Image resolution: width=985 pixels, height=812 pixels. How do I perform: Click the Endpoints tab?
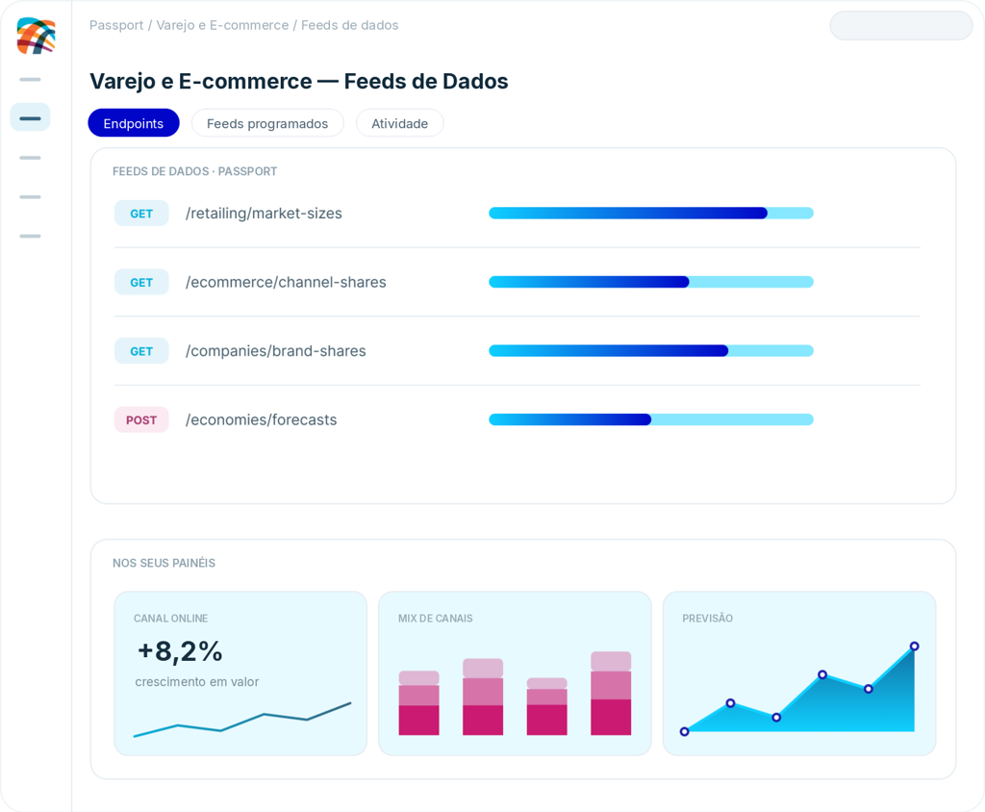point(133,123)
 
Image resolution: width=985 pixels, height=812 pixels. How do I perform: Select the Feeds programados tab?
point(267,123)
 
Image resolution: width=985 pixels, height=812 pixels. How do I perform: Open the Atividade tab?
point(399,123)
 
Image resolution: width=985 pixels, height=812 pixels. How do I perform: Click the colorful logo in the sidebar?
point(36,36)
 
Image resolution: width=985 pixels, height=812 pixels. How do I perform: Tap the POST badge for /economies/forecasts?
point(141,419)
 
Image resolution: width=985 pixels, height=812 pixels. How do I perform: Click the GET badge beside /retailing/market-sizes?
point(141,214)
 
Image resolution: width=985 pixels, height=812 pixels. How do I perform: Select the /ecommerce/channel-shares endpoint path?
point(286,282)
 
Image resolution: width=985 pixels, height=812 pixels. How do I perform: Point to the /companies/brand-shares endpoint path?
point(276,351)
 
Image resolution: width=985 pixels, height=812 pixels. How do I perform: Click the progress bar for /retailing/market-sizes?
point(651,213)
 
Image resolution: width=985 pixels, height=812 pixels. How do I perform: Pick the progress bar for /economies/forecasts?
point(651,419)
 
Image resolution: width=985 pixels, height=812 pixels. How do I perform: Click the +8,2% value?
point(180,651)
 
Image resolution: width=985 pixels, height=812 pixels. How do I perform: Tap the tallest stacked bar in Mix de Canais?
point(611,694)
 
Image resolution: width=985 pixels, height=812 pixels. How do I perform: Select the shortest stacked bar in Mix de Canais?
point(546,706)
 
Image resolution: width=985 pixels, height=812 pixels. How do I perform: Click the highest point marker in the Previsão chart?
point(915,647)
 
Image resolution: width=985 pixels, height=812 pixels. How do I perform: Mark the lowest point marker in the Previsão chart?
point(685,731)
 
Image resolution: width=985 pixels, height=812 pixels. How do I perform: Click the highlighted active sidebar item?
point(30,117)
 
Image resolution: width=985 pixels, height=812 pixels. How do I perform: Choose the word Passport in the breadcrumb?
point(116,25)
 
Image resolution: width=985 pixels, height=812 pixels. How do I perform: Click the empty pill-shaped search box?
point(901,26)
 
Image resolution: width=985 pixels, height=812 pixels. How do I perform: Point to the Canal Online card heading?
point(171,619)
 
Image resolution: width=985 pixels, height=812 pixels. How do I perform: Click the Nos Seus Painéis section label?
point(164,563)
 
